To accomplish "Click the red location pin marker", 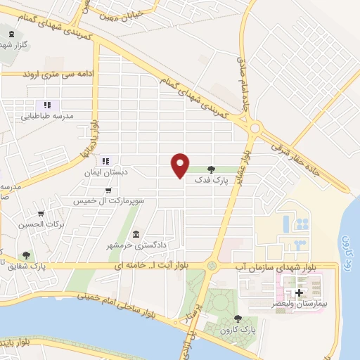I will tap(181, 165).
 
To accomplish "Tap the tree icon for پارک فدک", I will tap(212, 169).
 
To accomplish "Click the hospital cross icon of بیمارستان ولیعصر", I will tap(300, 292).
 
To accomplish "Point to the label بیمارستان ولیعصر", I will tap(300, 304).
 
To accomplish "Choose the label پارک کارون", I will tap(236, 329).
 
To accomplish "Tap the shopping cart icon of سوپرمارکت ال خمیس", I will tap(108, 190).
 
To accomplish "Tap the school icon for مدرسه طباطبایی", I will tap(42, 105).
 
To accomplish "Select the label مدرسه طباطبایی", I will tap(50, 117).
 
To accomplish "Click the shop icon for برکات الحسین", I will tap(41, 214).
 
